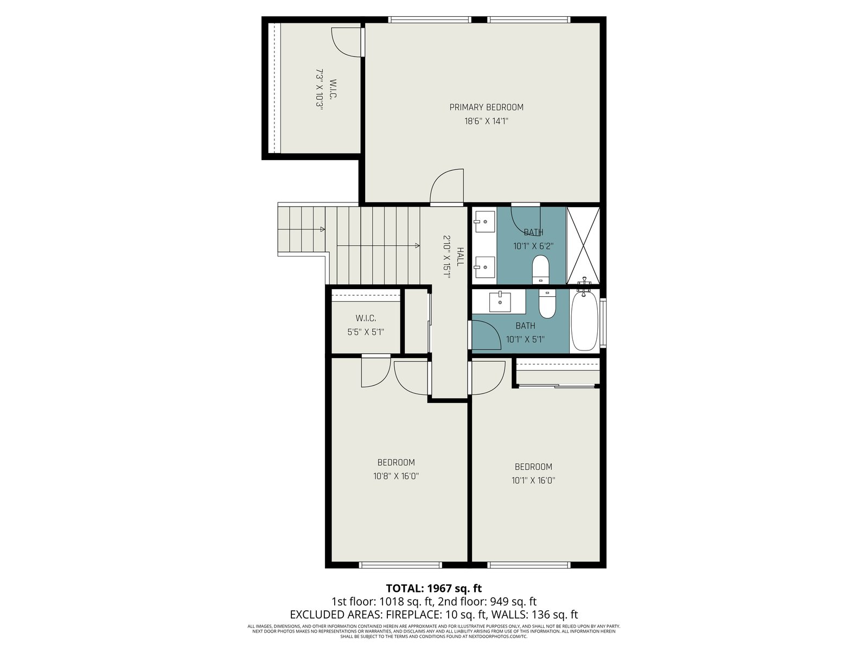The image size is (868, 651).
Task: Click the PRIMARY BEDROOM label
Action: [486, 107]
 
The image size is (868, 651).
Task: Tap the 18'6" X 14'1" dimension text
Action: [486, 121]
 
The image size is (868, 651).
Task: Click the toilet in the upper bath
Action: [540, 270]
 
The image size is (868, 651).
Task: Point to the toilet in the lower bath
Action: [547, 304]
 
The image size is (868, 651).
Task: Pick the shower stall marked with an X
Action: [583, 245]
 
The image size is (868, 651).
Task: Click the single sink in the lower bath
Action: [500, 302]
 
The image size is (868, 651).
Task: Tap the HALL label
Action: [460, 257]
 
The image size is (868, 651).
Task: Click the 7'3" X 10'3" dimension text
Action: [319, 90]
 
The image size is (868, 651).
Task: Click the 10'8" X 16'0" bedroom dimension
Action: [396, 476]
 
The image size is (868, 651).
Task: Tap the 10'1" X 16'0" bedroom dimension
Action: [533, 481]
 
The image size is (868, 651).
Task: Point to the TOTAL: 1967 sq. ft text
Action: [434, 589]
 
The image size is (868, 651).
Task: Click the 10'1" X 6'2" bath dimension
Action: [533, 246]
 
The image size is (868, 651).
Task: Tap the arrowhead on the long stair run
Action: [417, 245]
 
